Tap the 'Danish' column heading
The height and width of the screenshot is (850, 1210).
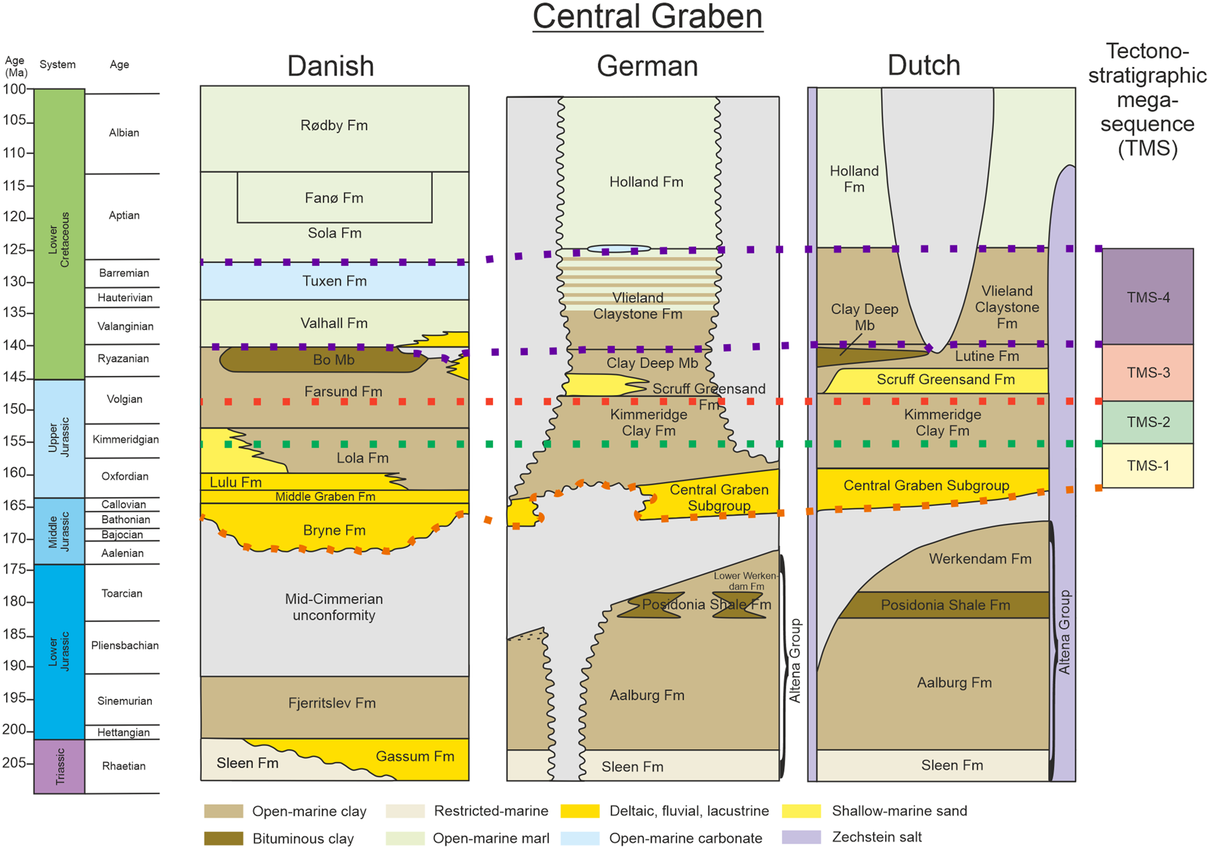tap(330, 66)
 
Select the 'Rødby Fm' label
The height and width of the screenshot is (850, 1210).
tap(334, 126)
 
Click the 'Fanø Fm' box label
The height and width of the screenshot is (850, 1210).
tap(334, 198)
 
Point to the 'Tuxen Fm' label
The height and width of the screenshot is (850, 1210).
tap(334, 281)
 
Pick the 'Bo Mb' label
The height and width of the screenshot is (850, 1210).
tap(334, 360)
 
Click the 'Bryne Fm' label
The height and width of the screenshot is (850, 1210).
tap(334, 530)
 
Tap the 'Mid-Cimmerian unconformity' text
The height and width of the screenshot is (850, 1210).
tap(334, 607)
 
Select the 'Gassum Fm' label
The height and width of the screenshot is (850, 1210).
tap(415, 757)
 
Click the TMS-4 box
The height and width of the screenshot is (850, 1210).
tap(1148, 297)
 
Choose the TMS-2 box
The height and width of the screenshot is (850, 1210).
tap(1148, 422)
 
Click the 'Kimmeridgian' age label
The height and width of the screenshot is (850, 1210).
tap(125, 440)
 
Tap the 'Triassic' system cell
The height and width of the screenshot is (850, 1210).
tap(60, 766)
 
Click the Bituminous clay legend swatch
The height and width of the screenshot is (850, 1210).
tap(223, 838)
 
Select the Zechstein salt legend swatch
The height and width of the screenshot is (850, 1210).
tap(801, 837)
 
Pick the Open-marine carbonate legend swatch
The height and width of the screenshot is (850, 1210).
tap(580, 838)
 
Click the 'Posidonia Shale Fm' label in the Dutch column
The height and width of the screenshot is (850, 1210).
tap(945, 605)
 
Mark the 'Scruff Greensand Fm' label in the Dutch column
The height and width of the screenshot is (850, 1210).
tap(945, 380)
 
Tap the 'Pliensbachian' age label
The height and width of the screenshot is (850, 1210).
tap(125, 646)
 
